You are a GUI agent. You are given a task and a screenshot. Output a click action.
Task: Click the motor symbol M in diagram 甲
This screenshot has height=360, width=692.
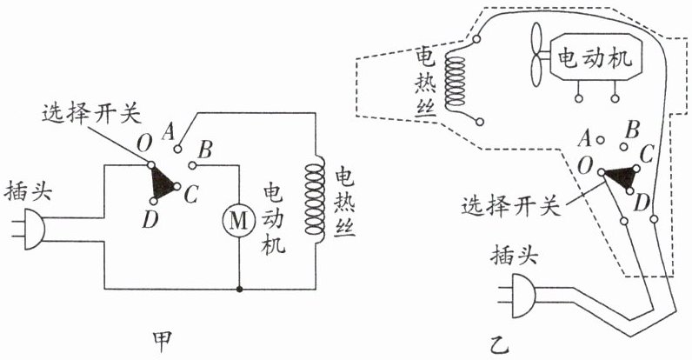[239, 221]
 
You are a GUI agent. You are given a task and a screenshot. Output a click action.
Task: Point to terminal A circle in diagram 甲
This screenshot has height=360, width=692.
[177, 149]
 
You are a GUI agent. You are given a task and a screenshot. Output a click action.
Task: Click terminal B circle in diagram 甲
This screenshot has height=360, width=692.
[192, 165]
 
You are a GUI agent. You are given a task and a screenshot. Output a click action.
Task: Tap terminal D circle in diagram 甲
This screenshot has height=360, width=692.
[153, 201]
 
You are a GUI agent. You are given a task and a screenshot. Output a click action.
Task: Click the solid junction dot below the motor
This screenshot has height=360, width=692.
[239, 290]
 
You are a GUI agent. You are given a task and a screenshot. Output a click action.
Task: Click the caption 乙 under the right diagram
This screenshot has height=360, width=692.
[500, 344]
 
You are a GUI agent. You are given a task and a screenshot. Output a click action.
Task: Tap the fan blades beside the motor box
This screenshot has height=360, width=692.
[537, 55]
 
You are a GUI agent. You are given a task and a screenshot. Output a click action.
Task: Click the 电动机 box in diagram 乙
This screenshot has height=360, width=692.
[595, 57]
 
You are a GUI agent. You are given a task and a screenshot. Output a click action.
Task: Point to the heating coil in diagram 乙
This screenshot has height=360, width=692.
[456, 83]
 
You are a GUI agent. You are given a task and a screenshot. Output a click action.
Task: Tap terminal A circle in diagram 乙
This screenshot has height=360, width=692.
[600, 140]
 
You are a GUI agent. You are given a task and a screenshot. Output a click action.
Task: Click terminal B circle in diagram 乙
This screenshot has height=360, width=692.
[623, 146]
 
